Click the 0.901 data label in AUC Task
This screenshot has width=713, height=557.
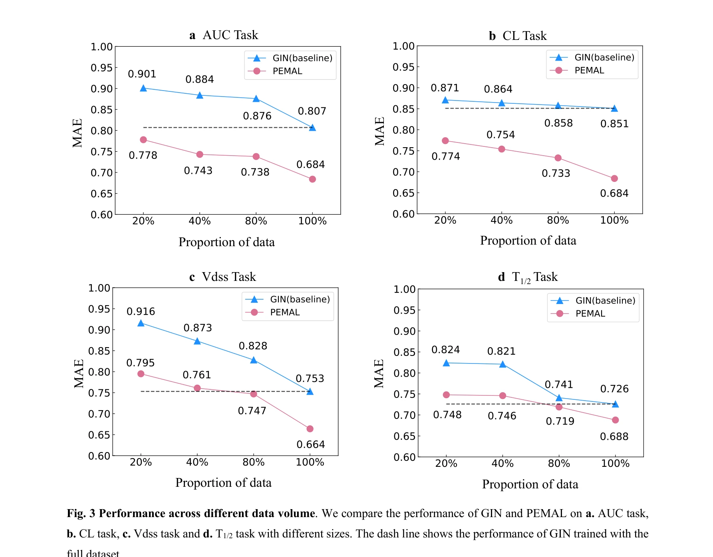142,74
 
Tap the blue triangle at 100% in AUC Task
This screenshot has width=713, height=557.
312,128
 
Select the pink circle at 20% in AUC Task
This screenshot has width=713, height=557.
143,140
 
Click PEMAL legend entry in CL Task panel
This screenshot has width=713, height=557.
589,70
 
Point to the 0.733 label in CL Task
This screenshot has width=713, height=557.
556,173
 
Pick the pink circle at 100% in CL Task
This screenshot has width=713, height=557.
614,178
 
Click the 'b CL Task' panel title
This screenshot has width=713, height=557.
518,36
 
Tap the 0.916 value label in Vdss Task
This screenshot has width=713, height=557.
141,312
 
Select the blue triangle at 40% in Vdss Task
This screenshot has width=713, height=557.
197,341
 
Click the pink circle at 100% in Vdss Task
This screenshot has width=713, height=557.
310,429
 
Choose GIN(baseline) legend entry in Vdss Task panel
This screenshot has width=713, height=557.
300,299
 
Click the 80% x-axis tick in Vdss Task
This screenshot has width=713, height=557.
253,462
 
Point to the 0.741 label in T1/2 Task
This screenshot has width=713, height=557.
559,385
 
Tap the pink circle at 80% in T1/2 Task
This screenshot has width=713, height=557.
559,407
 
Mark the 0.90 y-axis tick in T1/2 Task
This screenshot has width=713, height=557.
404,331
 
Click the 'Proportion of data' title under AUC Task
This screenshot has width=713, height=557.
226,242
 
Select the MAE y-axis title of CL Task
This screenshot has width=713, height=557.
379,131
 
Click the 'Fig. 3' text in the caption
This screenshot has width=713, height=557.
81,513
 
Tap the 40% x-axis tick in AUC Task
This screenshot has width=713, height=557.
200,221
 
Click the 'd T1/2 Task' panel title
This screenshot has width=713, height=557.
527,277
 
